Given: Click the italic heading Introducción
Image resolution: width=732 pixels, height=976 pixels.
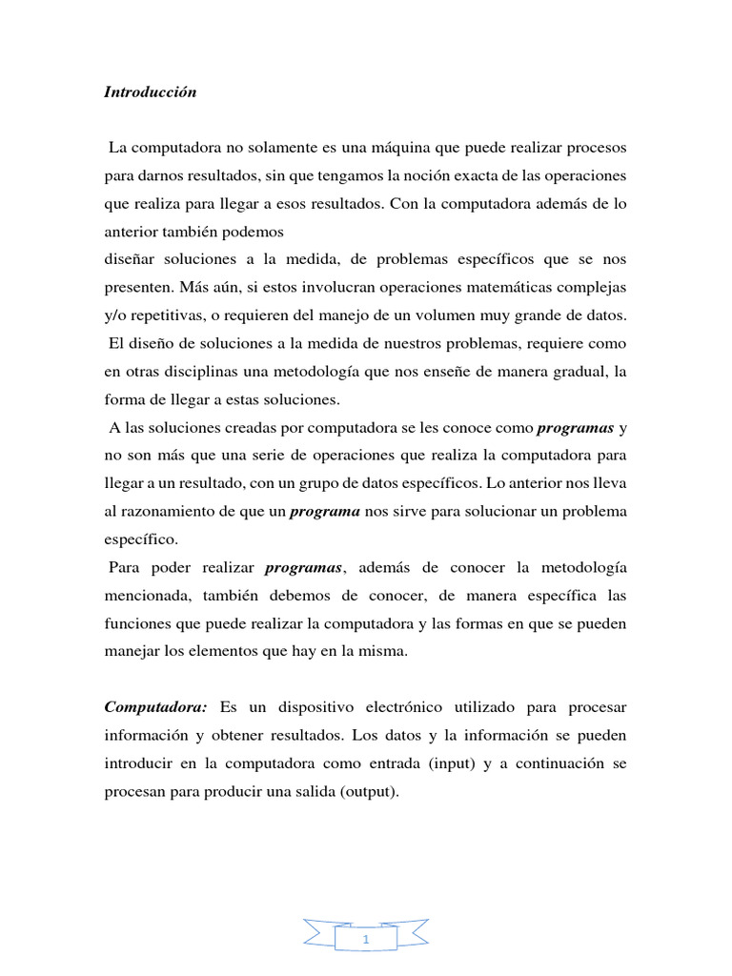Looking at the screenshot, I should click(x=150, y=92).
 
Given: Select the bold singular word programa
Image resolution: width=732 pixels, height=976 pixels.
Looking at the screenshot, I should click(x=324, y=511).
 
